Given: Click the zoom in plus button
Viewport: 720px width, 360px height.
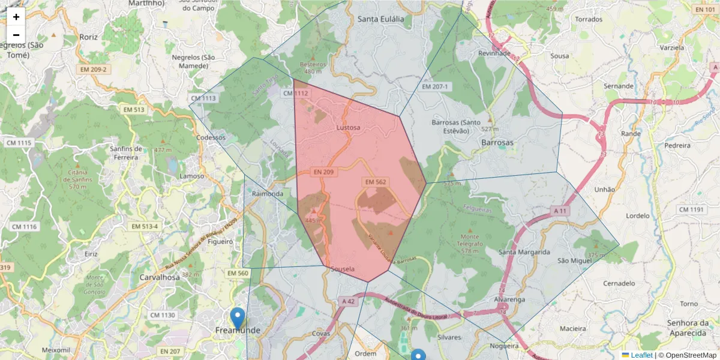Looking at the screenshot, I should (16, 17).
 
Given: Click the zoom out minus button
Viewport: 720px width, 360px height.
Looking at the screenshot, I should (16, 35).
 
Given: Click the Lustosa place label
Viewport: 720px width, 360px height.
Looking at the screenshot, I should (349, 128).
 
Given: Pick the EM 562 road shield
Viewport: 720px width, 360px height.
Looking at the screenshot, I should (376, 182).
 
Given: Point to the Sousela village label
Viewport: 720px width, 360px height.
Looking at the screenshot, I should (343, 270).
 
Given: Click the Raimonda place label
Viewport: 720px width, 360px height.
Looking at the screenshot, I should (268, 194).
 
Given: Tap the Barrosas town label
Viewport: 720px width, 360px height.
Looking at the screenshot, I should (497, 143).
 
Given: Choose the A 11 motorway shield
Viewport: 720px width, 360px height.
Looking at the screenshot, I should (560, 211).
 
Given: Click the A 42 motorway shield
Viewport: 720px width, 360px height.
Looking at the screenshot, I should (347, 301).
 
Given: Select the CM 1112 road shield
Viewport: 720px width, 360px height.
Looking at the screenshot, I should (295, 93).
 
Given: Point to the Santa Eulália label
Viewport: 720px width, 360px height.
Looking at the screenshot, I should (381, 19).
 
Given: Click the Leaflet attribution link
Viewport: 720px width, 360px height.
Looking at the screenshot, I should (641, 355).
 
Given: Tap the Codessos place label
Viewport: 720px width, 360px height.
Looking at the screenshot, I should (211, 137).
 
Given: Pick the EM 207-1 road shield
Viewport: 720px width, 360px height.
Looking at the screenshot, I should (435, 87).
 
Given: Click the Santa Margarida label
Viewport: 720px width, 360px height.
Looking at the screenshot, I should (524, 253).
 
